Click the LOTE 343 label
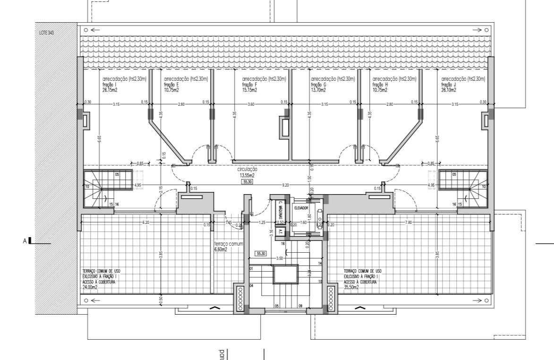(47, 33)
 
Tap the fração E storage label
(171, 85)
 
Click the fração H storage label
(380, 85)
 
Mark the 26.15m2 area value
(110, 90)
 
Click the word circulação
(247, 169)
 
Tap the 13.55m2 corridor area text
(247, 175)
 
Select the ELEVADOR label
(301, 208)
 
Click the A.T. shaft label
(280, 232)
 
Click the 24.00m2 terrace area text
(90, 287)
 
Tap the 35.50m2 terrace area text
(351, 287)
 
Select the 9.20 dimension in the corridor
(285, 185)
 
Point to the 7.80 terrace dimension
(408, 222)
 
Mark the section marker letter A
(25, 241)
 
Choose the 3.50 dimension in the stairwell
(280, 258)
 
